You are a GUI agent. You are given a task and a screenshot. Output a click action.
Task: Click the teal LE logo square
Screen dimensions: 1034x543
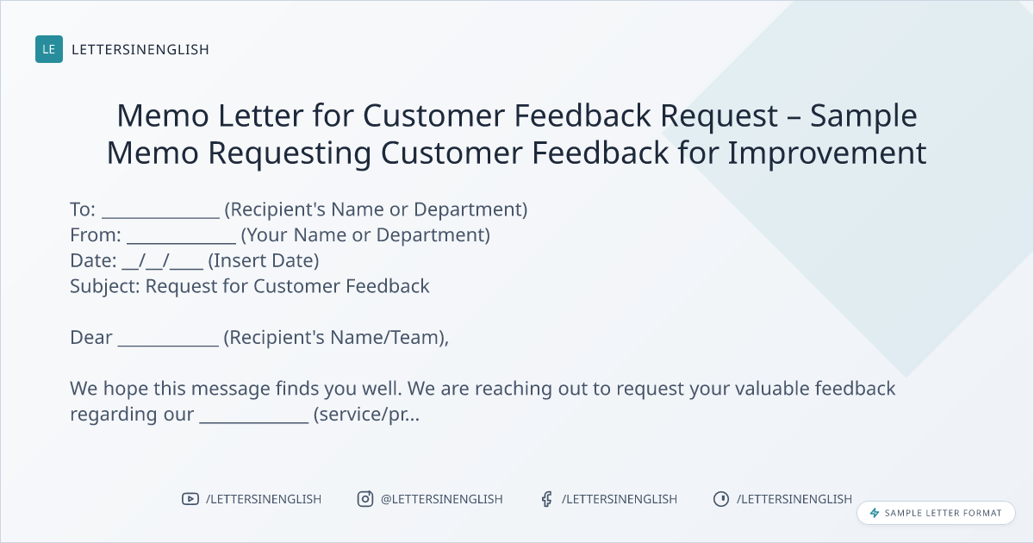click(x=49, y=49)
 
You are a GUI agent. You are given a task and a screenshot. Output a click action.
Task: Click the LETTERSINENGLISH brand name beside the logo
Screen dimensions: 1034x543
click(x=140, y=49)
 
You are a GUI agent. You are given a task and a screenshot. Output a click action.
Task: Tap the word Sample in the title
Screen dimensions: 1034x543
click(x=863, y=115)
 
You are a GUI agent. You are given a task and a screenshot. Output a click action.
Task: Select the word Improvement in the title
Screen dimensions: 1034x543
click(x=826, y=153)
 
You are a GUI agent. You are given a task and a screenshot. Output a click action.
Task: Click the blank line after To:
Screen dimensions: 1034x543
click(x=160, y=217)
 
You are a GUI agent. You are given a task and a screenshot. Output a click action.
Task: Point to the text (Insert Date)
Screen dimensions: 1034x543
click(x=264, y=261)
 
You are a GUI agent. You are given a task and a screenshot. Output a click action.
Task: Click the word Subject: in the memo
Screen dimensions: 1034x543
click(x=105, y=287)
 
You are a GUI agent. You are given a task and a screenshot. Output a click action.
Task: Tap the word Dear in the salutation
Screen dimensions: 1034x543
click(x=91, y=338)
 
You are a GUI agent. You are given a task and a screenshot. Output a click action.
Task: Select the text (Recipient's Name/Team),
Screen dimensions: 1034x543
click(x=336, y=338)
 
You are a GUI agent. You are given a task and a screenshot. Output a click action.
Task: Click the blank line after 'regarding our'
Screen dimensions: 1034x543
click(x=254, y=421)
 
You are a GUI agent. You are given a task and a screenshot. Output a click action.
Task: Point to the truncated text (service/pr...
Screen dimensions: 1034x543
click(x=367, y=415)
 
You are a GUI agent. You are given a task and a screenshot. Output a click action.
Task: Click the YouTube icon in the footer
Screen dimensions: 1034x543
click(x=190, y=499)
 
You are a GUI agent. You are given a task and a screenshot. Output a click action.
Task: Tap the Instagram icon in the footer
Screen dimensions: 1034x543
click(x=365, y=499)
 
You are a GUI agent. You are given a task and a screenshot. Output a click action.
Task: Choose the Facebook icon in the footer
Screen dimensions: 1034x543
click(x=546, y=499)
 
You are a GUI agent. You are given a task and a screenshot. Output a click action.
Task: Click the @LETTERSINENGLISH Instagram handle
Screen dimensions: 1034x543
click(x=442, y=499)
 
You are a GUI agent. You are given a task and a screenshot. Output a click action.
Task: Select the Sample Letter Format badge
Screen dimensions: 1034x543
click(x=936, y=513)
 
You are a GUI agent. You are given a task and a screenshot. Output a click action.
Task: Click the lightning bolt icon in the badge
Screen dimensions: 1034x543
click(x=875, y=513)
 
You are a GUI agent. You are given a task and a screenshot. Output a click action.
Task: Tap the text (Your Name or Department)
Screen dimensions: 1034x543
click(x=365, y=235)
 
